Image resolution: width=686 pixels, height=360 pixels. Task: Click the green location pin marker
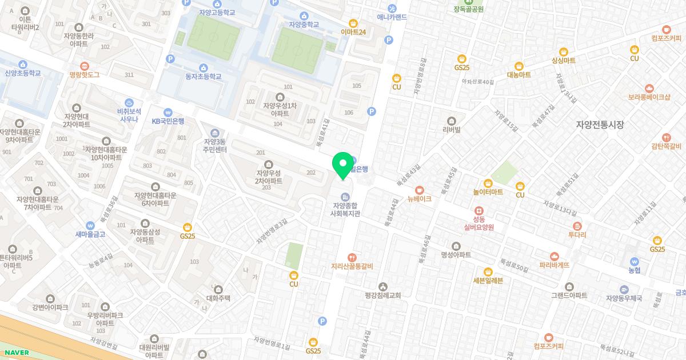[343, 165]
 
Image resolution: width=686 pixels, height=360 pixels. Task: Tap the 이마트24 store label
[353, 32]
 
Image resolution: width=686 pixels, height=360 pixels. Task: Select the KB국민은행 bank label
[167, 121]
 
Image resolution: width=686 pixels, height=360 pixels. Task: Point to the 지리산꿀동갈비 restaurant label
[352, 266]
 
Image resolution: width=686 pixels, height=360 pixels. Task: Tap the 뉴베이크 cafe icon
[420, 189]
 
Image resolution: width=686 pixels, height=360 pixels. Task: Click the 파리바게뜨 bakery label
[554, 265]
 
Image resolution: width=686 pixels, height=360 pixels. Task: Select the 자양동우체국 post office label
[624, 298]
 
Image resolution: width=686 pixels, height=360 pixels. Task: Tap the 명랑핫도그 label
[85, 74]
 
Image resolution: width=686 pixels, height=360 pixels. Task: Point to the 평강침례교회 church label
[382, 295]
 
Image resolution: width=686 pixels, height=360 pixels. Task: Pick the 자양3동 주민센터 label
[215, 146]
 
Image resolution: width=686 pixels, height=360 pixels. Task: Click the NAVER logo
[17, 353]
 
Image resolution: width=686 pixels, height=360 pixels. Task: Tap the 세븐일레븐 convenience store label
[488, 280]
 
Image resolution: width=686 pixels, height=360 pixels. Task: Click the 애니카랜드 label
[392, 17]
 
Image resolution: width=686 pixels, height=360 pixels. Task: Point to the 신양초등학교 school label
[23, 73]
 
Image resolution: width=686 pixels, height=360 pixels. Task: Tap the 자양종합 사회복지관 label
[345, 209]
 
